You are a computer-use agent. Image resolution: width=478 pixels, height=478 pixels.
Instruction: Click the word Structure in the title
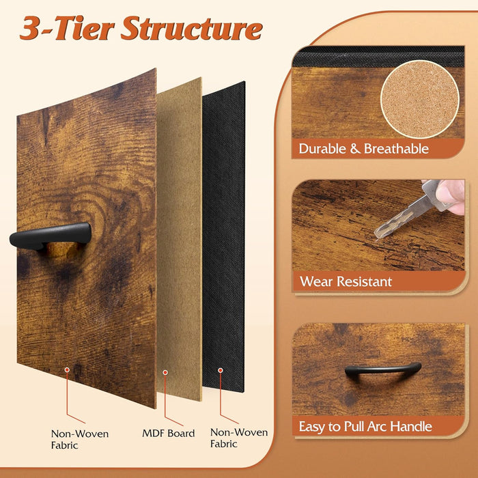192,29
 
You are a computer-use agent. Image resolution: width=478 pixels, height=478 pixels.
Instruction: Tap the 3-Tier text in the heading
67,29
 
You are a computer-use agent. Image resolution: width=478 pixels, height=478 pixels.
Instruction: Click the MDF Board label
169,433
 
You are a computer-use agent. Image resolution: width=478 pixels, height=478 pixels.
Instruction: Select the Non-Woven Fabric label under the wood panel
80,439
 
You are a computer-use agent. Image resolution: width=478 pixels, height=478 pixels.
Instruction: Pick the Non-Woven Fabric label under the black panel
239,438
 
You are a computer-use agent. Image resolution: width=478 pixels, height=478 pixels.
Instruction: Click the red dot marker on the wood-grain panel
67,370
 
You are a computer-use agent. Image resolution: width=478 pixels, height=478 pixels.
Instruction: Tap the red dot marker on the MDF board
165,373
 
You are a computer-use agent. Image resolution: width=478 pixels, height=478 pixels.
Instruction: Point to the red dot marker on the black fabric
221,370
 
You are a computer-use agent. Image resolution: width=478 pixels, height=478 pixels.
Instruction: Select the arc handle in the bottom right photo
383,369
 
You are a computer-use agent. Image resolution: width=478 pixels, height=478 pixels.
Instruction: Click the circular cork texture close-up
420,100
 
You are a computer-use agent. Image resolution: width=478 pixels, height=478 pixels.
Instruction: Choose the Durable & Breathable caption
364,149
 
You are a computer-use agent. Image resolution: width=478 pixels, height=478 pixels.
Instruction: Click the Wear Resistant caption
346,281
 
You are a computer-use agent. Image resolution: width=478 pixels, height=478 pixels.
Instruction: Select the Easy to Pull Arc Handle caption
365,426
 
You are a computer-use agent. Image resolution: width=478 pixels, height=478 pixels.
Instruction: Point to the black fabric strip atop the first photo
378,57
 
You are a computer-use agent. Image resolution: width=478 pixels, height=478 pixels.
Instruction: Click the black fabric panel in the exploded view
223,236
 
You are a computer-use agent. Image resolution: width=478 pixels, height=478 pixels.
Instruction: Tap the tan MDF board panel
179,239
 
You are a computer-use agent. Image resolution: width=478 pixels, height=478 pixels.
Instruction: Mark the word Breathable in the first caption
396,149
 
